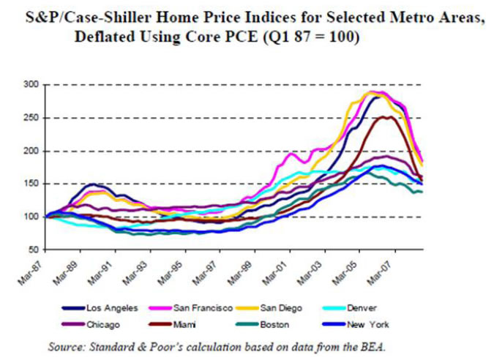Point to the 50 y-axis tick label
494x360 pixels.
32,250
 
